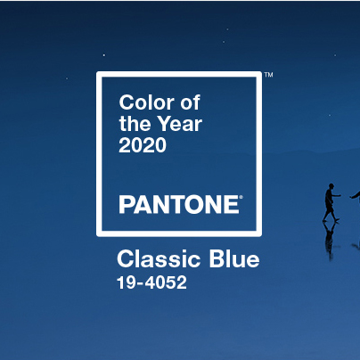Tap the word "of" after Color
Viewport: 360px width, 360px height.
point(191,102)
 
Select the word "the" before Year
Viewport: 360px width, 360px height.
point(134,124)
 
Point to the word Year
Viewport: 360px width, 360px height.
point(179,124)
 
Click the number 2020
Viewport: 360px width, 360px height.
point(143,145)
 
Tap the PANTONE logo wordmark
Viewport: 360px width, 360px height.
point(179,204)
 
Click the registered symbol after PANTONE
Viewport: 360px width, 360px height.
point(241,197)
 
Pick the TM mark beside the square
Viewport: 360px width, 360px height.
point(268,74)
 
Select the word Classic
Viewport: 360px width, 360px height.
point(158,258)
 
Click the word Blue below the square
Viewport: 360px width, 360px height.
point(234,258)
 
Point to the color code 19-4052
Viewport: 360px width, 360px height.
point(151,282)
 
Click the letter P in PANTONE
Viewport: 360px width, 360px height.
point(127,204)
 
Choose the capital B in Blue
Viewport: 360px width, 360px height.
point(217,258)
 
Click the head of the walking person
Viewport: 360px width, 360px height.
point(331,186)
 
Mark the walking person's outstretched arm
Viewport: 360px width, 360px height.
point(336,195)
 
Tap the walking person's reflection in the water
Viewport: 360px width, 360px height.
point(329,240)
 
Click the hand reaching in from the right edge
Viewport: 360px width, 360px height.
point(355,196)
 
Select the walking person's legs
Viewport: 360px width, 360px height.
point(331,213)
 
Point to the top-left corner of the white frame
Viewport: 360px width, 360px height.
point(97,72)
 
